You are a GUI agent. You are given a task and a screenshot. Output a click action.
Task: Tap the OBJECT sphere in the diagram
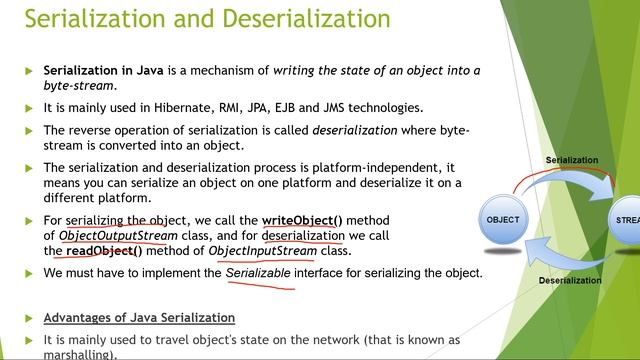tap(504, 219)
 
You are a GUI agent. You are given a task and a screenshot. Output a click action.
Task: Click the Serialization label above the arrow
tap(572, 160)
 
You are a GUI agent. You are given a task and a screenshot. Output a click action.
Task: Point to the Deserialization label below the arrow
tap(570, 281)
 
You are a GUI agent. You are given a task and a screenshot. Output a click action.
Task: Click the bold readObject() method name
tap(105, 251)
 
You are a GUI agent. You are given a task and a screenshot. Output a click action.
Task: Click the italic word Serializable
tap(261, 273)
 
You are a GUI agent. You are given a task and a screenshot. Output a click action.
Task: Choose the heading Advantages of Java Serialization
tap(139, 317)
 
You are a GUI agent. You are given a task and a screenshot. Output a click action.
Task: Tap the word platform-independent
tap(381, 167)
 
